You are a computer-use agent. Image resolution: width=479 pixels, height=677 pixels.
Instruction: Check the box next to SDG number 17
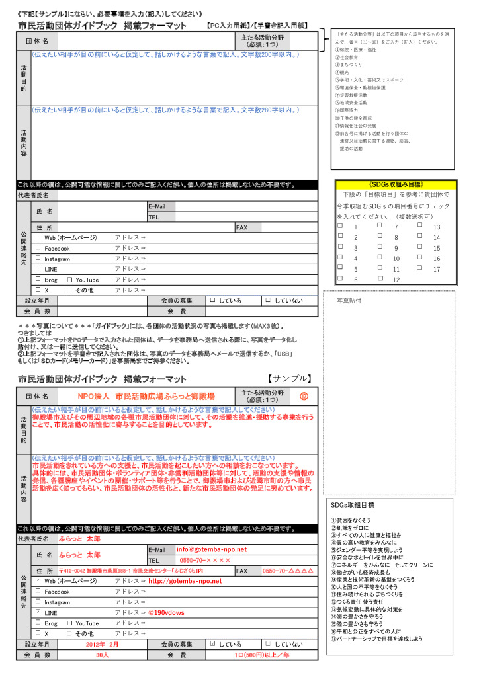point(420,269)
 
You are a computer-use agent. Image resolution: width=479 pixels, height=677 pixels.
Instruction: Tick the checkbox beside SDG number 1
point(340,226)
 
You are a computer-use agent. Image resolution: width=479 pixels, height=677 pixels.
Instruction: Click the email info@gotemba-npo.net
point(211,549)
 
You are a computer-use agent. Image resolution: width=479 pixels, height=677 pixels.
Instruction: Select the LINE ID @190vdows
point(167,612)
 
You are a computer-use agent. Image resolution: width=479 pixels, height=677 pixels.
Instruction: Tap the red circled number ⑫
point(304,396)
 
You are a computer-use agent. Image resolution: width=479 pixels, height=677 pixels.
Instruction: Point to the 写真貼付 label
point(349,300)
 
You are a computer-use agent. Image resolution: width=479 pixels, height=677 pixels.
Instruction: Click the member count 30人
point(102,655)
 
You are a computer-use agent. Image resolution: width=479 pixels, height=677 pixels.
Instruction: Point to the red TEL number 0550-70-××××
point(202,560)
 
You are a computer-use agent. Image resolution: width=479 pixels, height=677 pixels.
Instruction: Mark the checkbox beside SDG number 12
point(380,280)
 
